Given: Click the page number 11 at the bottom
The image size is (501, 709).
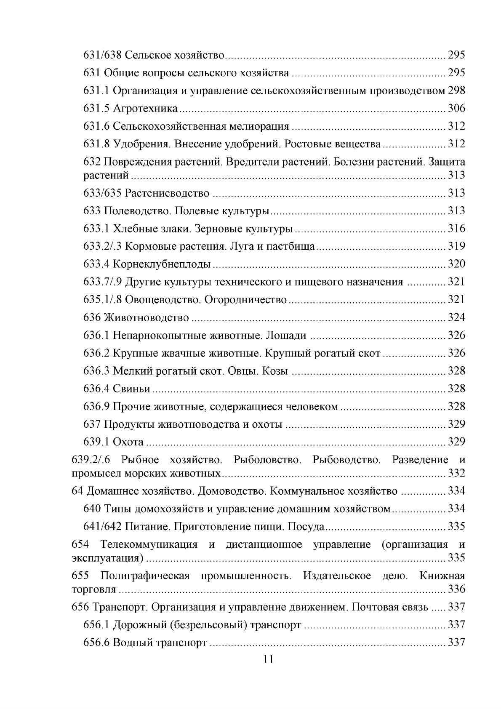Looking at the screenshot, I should (268, 660).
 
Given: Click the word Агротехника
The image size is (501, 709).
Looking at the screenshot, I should (145, 109).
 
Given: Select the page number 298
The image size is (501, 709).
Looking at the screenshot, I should (456, 91).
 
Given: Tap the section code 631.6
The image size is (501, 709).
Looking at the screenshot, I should (96, 126).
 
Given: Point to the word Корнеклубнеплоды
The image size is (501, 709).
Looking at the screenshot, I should (162, 264).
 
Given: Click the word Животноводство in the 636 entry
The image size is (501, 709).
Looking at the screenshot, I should (146, 317).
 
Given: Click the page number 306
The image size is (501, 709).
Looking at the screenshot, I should (456, 109).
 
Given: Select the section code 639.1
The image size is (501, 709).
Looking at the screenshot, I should (96, 442).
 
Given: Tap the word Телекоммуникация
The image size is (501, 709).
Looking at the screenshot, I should (149, 544).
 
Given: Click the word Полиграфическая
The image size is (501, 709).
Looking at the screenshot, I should (145, 576).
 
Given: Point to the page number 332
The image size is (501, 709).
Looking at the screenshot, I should (456, 473).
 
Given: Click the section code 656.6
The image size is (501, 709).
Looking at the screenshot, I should (96, 643).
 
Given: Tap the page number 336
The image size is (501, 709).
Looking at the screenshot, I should (456, 589).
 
